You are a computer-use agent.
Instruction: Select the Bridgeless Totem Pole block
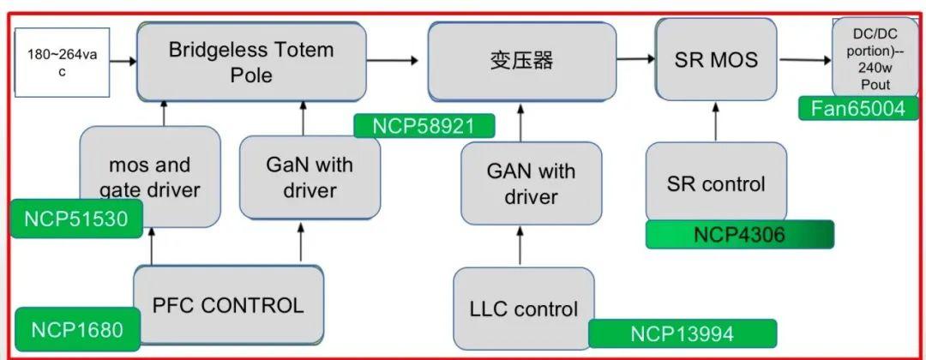pos(251,62)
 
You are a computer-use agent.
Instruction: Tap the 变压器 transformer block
pos(522,61)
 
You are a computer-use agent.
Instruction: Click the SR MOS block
pos(716,60)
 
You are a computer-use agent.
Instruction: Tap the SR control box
pos(716,183)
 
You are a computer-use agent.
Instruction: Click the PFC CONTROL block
pos(228,305)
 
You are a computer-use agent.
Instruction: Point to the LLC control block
pos(524,309)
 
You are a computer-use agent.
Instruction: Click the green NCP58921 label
pos(424,126)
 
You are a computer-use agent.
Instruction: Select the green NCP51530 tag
pos(75,219)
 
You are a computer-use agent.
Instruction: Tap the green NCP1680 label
pos(76,329)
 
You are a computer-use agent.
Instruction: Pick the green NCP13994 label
pos(682,333)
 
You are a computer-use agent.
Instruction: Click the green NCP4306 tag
pos(738,235)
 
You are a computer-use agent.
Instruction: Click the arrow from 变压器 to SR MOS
pos(635,59)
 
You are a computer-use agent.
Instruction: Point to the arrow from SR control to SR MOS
pos(716,122)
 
